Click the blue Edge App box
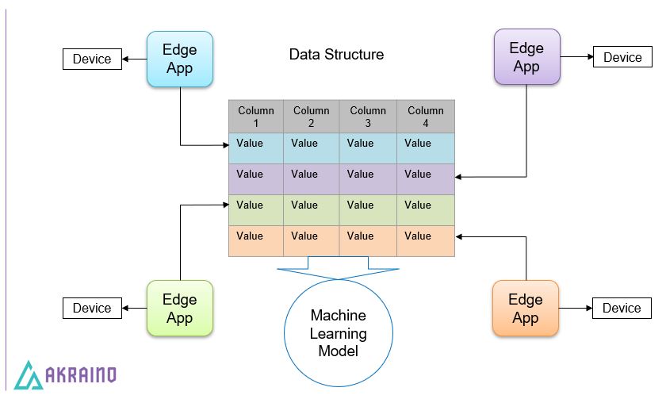pos(180,59)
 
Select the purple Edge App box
pos(526,57)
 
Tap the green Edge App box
pos(179,309)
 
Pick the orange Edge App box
pos(525,309)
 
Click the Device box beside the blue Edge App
pos(92,59)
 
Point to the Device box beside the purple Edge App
pos(622,57)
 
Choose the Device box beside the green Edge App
pos(92,308)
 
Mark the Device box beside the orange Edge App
pos(622,308)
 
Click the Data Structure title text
pos(336,55)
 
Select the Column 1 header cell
pos(256,117)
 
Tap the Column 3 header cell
pos(368,117)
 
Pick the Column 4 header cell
pos(426,117)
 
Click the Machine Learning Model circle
pos(338,333)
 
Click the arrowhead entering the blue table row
pos(225,145)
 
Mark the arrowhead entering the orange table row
pos(460,236)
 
